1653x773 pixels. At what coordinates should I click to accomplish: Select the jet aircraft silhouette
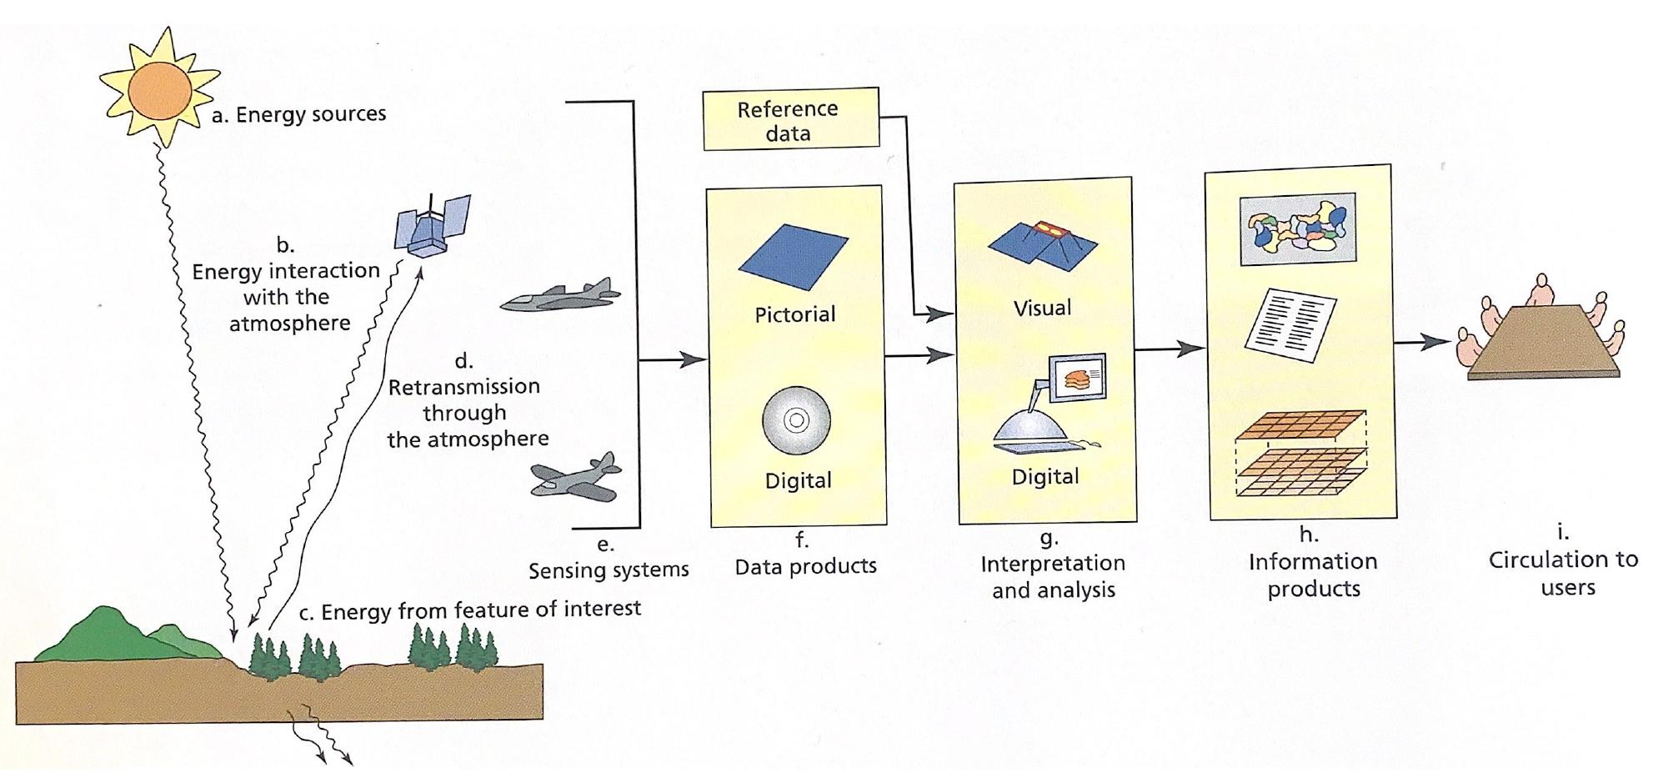point(560,296)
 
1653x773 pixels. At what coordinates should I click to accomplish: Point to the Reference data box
point(789,120)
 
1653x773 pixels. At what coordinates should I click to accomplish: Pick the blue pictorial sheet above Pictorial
point(793,259)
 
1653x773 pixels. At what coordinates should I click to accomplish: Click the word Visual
point(1042,308)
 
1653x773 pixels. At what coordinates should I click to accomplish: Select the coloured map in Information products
point(1297,228)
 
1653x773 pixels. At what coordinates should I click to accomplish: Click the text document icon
point(1290,324)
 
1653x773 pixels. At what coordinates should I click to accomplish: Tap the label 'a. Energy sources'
point(298,114)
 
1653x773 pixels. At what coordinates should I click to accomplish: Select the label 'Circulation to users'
point(1564,572)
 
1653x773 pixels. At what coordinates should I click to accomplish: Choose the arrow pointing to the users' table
point(1422,342)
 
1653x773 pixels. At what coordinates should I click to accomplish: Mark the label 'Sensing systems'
point(609,570)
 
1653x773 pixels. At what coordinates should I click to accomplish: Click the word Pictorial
point(794,314)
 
